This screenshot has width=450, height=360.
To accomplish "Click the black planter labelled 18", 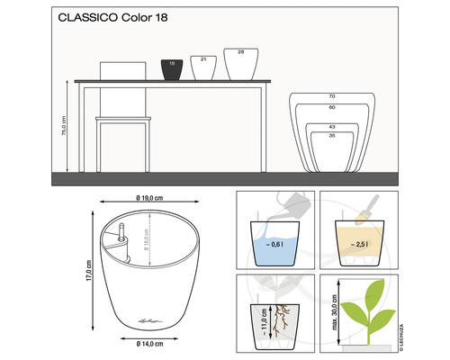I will coord(171,68).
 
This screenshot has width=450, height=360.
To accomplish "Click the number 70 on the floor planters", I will coord(331,96).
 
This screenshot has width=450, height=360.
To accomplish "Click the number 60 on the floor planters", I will coord(331,107).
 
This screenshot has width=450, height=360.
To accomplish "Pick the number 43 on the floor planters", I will coord(331,127).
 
